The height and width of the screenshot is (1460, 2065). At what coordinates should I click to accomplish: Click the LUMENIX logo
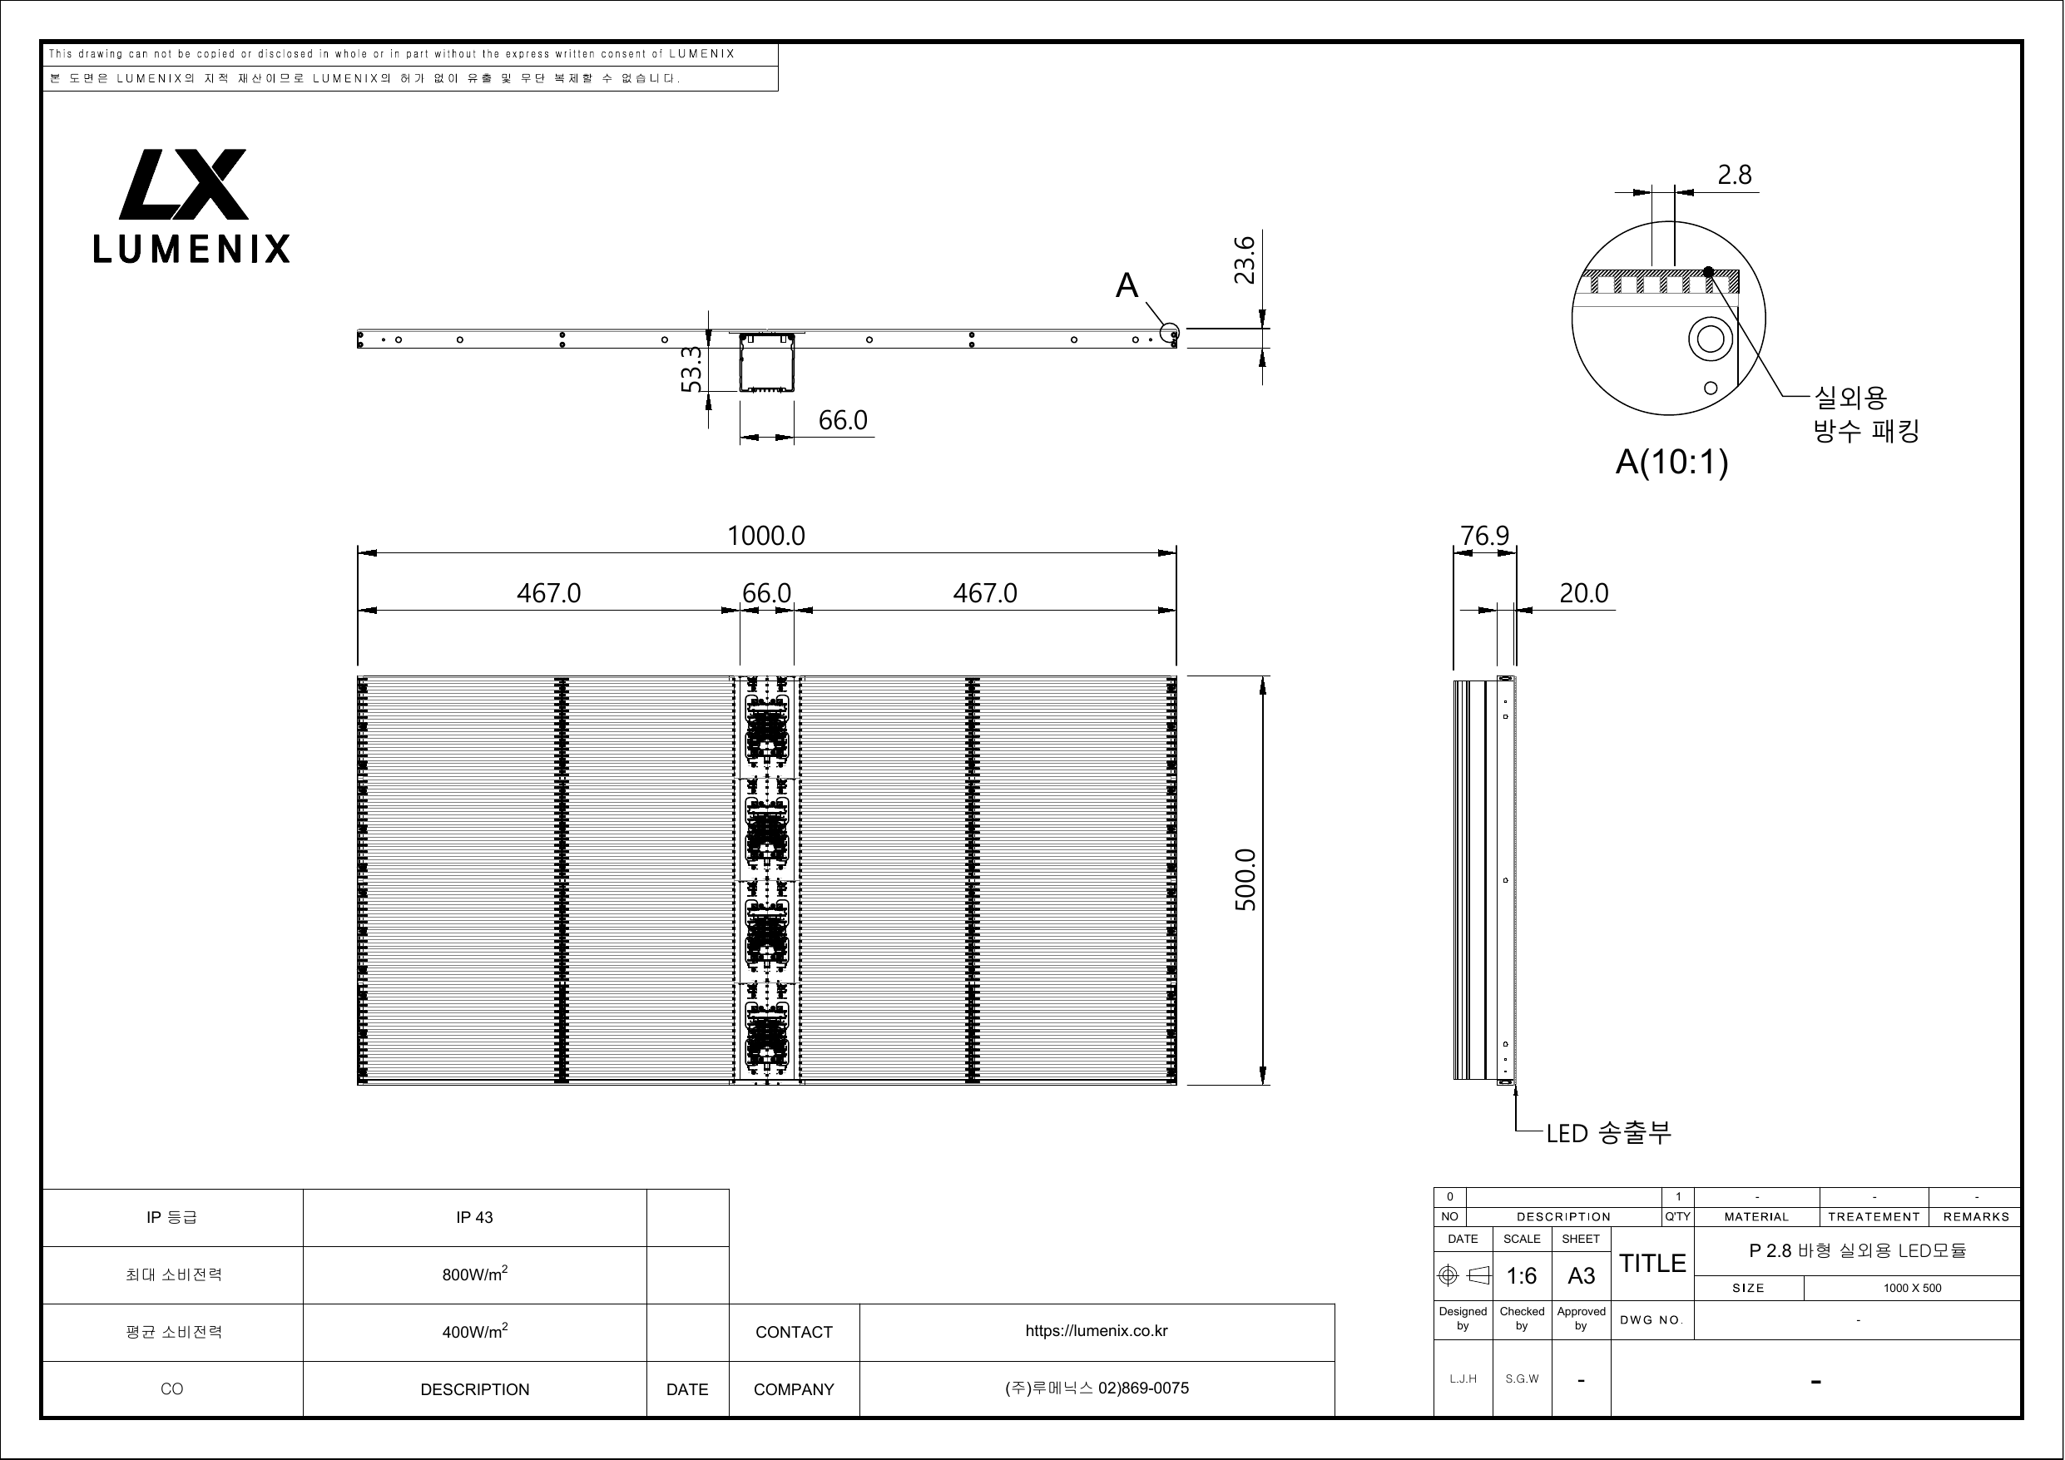pyautogui.click(x=191, y=206)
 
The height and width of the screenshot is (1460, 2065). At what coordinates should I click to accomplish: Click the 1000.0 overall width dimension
pyautogui.click(x=766, y=536)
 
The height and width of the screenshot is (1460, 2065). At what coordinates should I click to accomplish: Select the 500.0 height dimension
pyautogui.click(x=1245, y=880)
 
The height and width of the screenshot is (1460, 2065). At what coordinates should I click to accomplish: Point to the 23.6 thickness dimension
pyautogui.click(x=1244, y=260)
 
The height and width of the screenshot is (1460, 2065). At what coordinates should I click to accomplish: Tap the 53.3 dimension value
pyautogui.click(x=691, y=369)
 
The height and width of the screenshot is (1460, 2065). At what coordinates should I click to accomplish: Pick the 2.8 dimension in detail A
pyautogui.click(x=1735, y=175)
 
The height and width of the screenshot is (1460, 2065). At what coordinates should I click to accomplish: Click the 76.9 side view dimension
pyautogui.click(x=1485, y=536)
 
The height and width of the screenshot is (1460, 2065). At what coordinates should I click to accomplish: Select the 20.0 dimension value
pyautogui.click(x=1584, y=594)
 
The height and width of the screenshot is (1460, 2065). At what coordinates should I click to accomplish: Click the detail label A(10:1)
pyautogui.click(x=1672, y=462)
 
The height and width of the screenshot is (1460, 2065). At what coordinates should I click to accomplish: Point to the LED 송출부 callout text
pyautogui.click(x=1609, y=1132)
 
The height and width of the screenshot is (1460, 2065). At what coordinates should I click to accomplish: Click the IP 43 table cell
pyautogui.click(x=475, y=1217)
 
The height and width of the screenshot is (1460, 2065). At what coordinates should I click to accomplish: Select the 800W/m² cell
pyautogui.click(x=475, y=1274)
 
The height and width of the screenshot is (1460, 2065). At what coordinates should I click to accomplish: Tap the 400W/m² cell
pyautogui.click(x=475, y=1331)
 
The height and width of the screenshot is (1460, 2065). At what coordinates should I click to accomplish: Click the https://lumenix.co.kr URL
pyautogui.click(x=1097, y=1331)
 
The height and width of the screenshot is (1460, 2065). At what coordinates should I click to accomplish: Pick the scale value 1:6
pyautogui.click(x=1522, y=1275)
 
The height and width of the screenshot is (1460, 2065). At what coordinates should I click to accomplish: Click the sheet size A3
pyautogui.click(x=1581, y=1275)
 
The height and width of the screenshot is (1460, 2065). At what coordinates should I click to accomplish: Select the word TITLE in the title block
pyautogui.click(x=1653, y=1264)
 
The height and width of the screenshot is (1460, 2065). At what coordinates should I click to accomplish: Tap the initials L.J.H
pyautogui.click(x=1463, y=1378)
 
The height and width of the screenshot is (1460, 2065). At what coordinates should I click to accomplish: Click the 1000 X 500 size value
pyautogui.click(x=1913, y=1288)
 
